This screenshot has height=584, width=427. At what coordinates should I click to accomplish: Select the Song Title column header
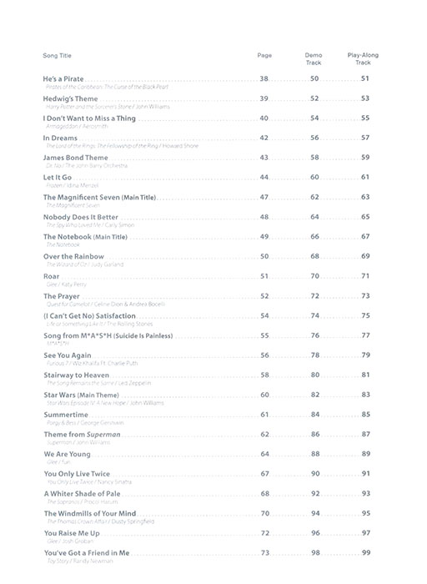tap(58, 55)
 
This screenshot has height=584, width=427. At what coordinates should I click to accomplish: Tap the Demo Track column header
tap(314, 58)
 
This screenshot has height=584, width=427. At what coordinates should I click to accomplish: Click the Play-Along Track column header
tap(363, 58)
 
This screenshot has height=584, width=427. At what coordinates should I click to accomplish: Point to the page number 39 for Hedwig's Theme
tap(264, 98)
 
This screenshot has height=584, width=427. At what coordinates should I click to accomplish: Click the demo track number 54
tap(314, 118)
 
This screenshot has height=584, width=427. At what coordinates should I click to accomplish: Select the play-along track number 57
tap(365, 138)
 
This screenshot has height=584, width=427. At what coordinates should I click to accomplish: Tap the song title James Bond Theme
tap(76, 158)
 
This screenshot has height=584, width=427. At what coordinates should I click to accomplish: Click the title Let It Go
tap(58, 177)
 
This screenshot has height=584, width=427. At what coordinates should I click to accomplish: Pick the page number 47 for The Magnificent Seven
tap(264, 197)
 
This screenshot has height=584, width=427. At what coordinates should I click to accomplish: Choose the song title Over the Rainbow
tap(73, 256)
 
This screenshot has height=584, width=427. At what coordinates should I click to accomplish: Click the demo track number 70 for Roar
tap(314, 275)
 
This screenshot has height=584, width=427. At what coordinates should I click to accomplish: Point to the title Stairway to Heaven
tap(76, 375)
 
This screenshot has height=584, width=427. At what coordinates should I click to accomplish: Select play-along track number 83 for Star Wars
tap(365, 395)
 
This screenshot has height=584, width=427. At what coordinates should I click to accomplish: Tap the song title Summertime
tap(66, 415)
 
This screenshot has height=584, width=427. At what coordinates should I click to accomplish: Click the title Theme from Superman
tap(82, 434)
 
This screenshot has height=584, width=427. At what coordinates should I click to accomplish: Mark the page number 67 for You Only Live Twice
tap(264, 474)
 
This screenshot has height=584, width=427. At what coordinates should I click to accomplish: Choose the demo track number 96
tap(314, 533)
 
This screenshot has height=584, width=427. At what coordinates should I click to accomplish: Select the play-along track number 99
tap(365, 552)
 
